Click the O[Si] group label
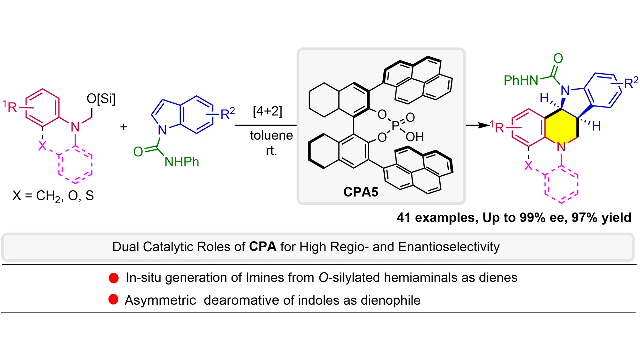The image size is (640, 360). [x=101, y=99]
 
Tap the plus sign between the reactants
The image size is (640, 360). [x=124, y=127]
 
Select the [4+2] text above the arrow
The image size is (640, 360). [x=268, y=111]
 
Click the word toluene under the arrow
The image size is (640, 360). [x=271, y=135]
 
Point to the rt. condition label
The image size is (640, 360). [x=271, y=151]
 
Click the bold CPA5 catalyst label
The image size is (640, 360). [x=361, y=192]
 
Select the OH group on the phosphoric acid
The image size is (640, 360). [x=415, y=137]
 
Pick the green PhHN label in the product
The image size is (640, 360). [x=521, y=80]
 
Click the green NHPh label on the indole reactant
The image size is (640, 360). [x=182, y=162]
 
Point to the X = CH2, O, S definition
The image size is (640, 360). [x=53, y=196]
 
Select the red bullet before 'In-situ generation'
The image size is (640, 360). [x=114, y=278]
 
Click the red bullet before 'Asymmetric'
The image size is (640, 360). [x=113, y=300]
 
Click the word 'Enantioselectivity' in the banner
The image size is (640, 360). [x=449, y=247]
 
